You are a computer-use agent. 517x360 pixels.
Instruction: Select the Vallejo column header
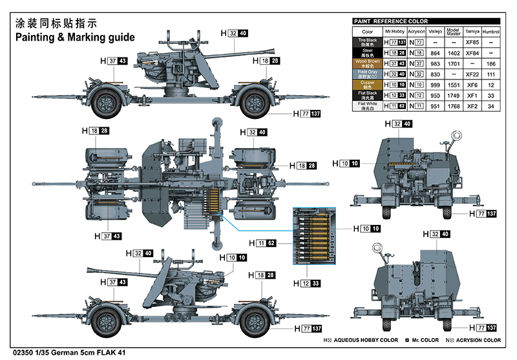(435, 31)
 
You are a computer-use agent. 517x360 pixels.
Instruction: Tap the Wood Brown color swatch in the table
(367, 63)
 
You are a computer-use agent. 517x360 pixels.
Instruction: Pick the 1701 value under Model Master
(453, 63)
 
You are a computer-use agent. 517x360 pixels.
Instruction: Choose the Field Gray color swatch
(367, 74)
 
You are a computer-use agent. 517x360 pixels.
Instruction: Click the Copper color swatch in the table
(367, 85)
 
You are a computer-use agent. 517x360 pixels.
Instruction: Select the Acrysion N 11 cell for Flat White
(417, 105)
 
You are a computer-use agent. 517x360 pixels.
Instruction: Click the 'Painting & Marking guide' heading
(75, 37)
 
